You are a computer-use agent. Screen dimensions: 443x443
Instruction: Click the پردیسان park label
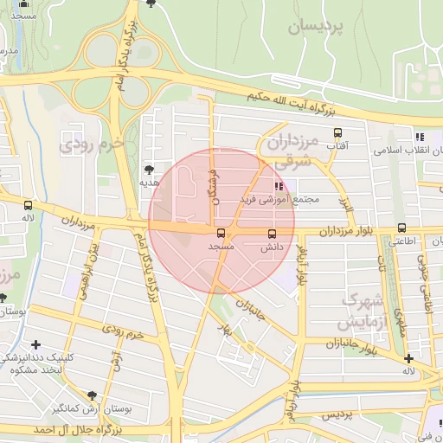[x=316, y=27]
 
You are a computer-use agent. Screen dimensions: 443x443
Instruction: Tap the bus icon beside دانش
[x=273, y=234]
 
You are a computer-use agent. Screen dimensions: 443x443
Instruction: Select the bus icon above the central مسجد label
[x=221, y=233]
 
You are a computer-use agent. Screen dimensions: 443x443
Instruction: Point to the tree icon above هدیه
[x=148, y=170]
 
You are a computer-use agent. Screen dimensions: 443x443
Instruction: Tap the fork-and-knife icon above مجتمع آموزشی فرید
[x=279, y=185]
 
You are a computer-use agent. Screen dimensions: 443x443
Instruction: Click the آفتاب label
[x=336, y=145]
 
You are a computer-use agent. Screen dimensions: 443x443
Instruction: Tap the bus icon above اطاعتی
[x=401, y=228]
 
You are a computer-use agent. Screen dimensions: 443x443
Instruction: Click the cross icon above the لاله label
[x=408, y=358]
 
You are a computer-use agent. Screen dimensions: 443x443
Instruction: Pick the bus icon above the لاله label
[x=29, y=206]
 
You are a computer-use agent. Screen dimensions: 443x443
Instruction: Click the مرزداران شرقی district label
[x=291, y=150]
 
